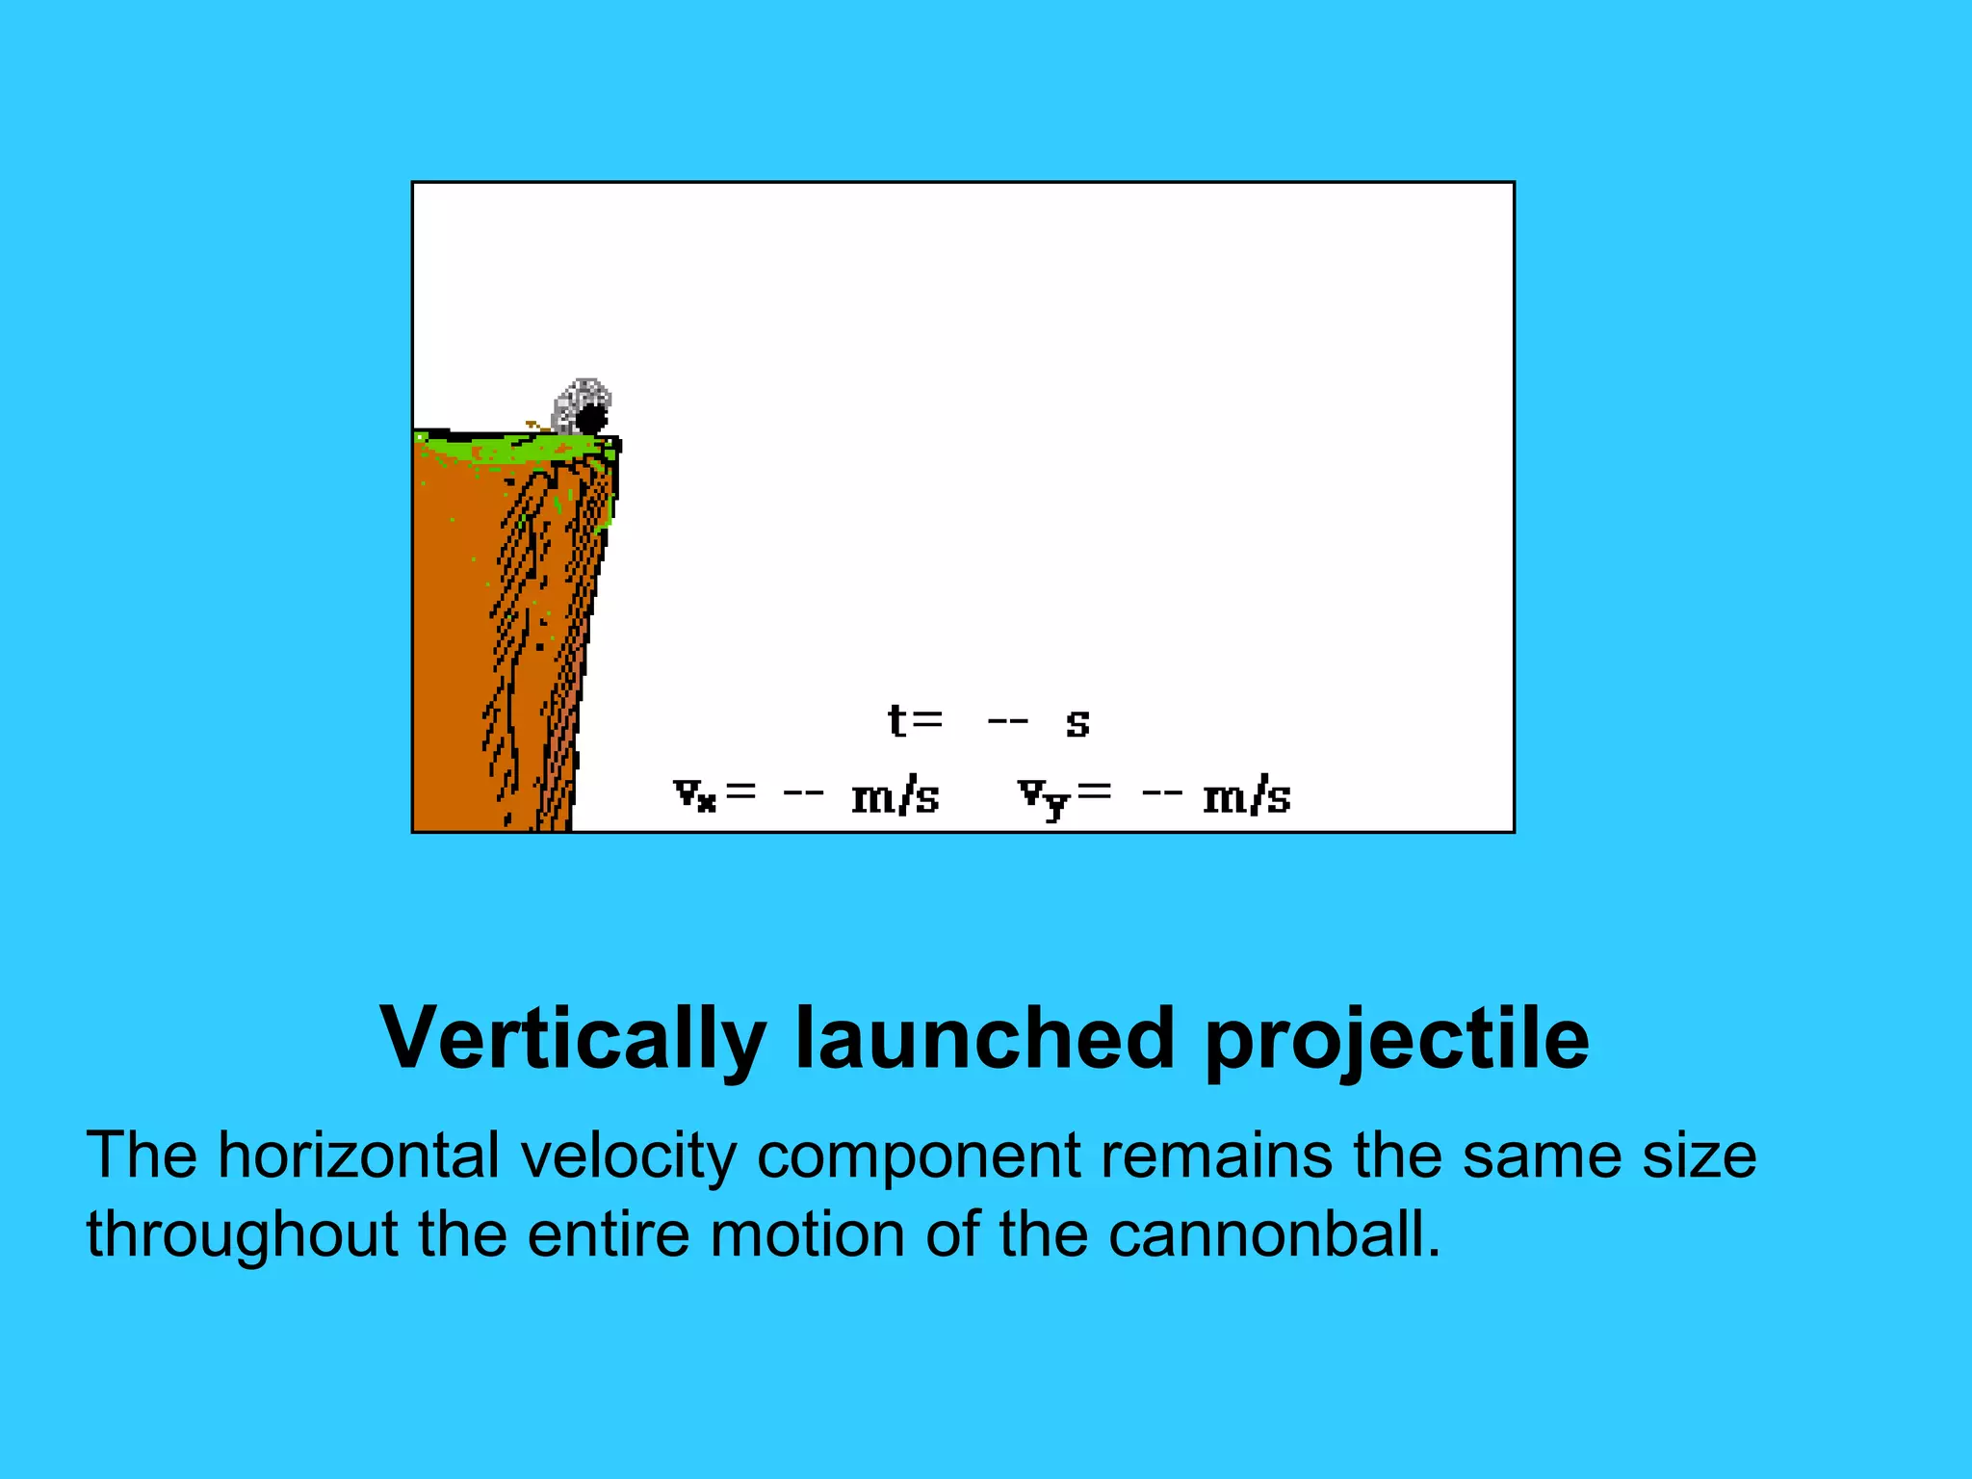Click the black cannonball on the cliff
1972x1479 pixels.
[590, 419]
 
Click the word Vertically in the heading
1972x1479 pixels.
[572, 1040]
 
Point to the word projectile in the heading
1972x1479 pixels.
[1396, 1040]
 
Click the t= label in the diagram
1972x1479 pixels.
[914, 720]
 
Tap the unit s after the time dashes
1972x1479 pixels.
[1077, 723]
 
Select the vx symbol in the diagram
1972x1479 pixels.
[694, 795]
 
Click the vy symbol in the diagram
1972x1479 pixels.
[1043, 797]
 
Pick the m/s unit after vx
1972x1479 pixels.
[895, 797]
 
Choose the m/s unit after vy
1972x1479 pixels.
[1246, 797]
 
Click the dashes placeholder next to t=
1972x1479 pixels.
[1008, 720]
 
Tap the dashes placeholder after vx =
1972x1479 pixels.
[803, 794]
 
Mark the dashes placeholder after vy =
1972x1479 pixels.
[1161, 794]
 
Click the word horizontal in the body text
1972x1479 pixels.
[358, 1155]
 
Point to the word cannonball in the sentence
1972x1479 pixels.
[1273, 1234]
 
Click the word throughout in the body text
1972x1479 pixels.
[241, 1236]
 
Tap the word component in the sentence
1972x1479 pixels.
[918, 1157]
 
